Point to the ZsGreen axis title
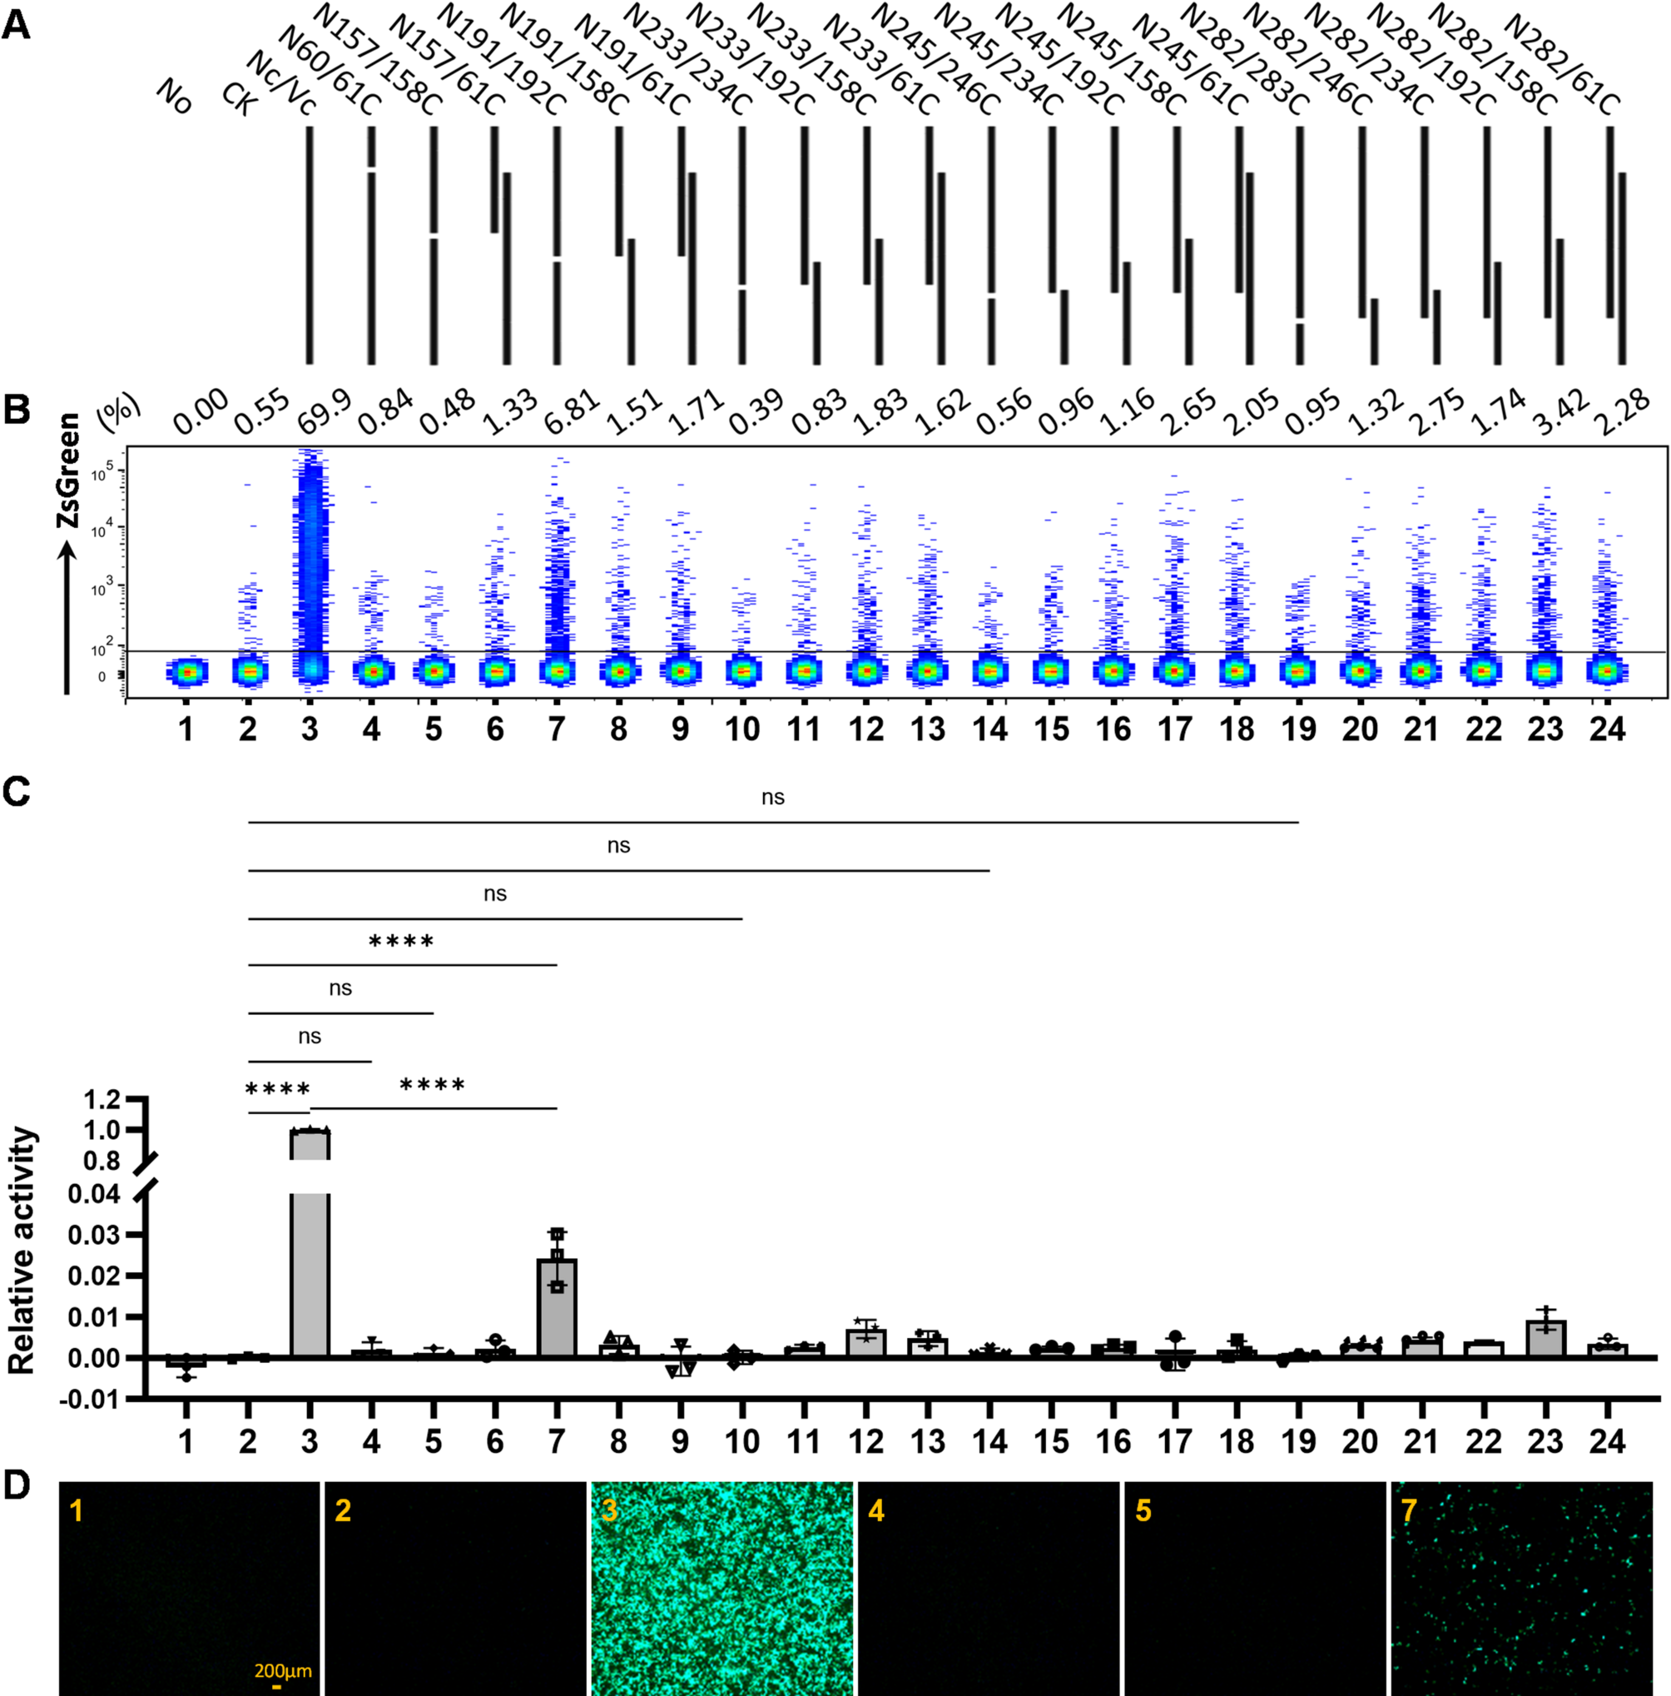coord(67,471)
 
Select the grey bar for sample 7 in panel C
coord(558,1308)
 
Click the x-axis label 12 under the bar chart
coord(866,1440)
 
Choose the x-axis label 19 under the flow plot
coord(1299,729)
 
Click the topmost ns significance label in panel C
coord(772,797)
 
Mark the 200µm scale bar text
coord(283,1670)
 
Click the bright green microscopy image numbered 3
coord(721,1589)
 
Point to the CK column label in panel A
coord(240,99)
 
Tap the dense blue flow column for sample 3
coord(310,562)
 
